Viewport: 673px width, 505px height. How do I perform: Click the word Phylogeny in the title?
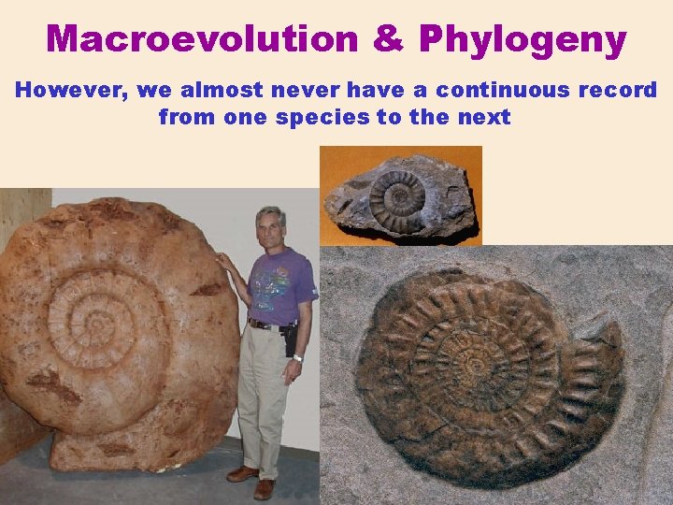tap(523, 40)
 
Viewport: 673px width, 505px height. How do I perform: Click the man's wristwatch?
tap(297, 357)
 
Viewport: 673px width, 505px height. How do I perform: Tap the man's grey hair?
tap(270, 213)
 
